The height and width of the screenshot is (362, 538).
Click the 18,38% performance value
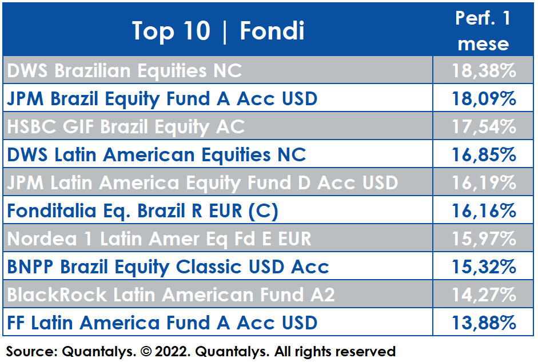click(484, 70)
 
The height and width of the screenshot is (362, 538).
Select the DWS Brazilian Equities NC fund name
click(125, 71)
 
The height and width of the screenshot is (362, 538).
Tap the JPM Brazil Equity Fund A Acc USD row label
click(162, 99)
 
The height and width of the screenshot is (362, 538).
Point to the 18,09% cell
click(484, 98)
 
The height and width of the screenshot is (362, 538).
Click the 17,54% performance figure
click(484, 126)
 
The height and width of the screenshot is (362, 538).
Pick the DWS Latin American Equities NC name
click(157, 155)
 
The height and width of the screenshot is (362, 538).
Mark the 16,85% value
click(484, 155)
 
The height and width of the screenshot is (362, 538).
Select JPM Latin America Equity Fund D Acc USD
click(202, 183)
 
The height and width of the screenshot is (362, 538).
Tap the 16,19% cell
click(484, 183)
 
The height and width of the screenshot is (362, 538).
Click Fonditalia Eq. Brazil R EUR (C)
click(143, 211)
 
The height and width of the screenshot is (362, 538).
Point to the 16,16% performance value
click(484, 210)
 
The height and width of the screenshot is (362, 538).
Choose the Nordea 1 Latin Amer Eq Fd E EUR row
click(159, 239)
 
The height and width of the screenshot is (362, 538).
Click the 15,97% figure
click(484, 239)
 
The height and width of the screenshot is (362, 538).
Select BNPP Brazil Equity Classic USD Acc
click(168, 267)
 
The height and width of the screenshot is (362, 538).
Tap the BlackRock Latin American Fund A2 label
click(171, 295)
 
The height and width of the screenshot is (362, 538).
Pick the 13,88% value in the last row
click(484, 323)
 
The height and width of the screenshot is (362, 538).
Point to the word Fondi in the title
click(272, 31)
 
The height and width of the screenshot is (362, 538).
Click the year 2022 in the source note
click(172, 352)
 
